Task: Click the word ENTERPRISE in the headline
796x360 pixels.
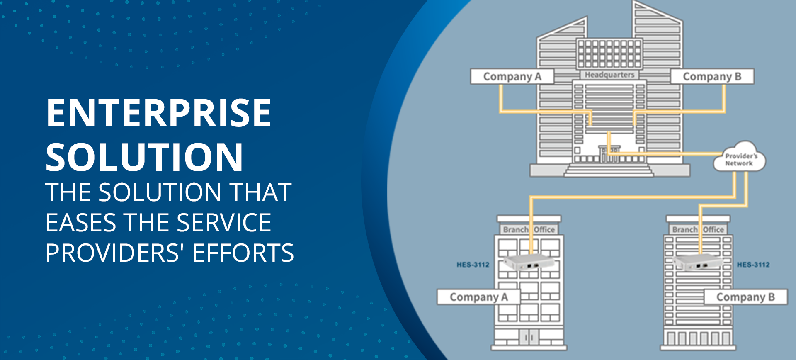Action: [158, 113]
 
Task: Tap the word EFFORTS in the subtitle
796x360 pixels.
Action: [243, 253]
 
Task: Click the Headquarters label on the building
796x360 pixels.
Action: [609, 75]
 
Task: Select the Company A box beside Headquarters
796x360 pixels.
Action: [512, 77]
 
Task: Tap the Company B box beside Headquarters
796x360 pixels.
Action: [712, 77]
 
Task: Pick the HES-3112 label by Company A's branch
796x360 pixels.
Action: [473, 265]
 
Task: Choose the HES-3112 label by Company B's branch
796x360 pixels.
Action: [753, 265]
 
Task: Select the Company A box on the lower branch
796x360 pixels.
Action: [478, 297]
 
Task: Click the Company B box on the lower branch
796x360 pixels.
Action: [745, 297]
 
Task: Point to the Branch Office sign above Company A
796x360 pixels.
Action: [529, 229]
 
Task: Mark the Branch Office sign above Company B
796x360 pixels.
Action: [698, 229]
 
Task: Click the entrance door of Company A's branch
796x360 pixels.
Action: [529, 337]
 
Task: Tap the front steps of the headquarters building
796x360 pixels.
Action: [609, 170]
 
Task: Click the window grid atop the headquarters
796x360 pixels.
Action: [609, 54]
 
